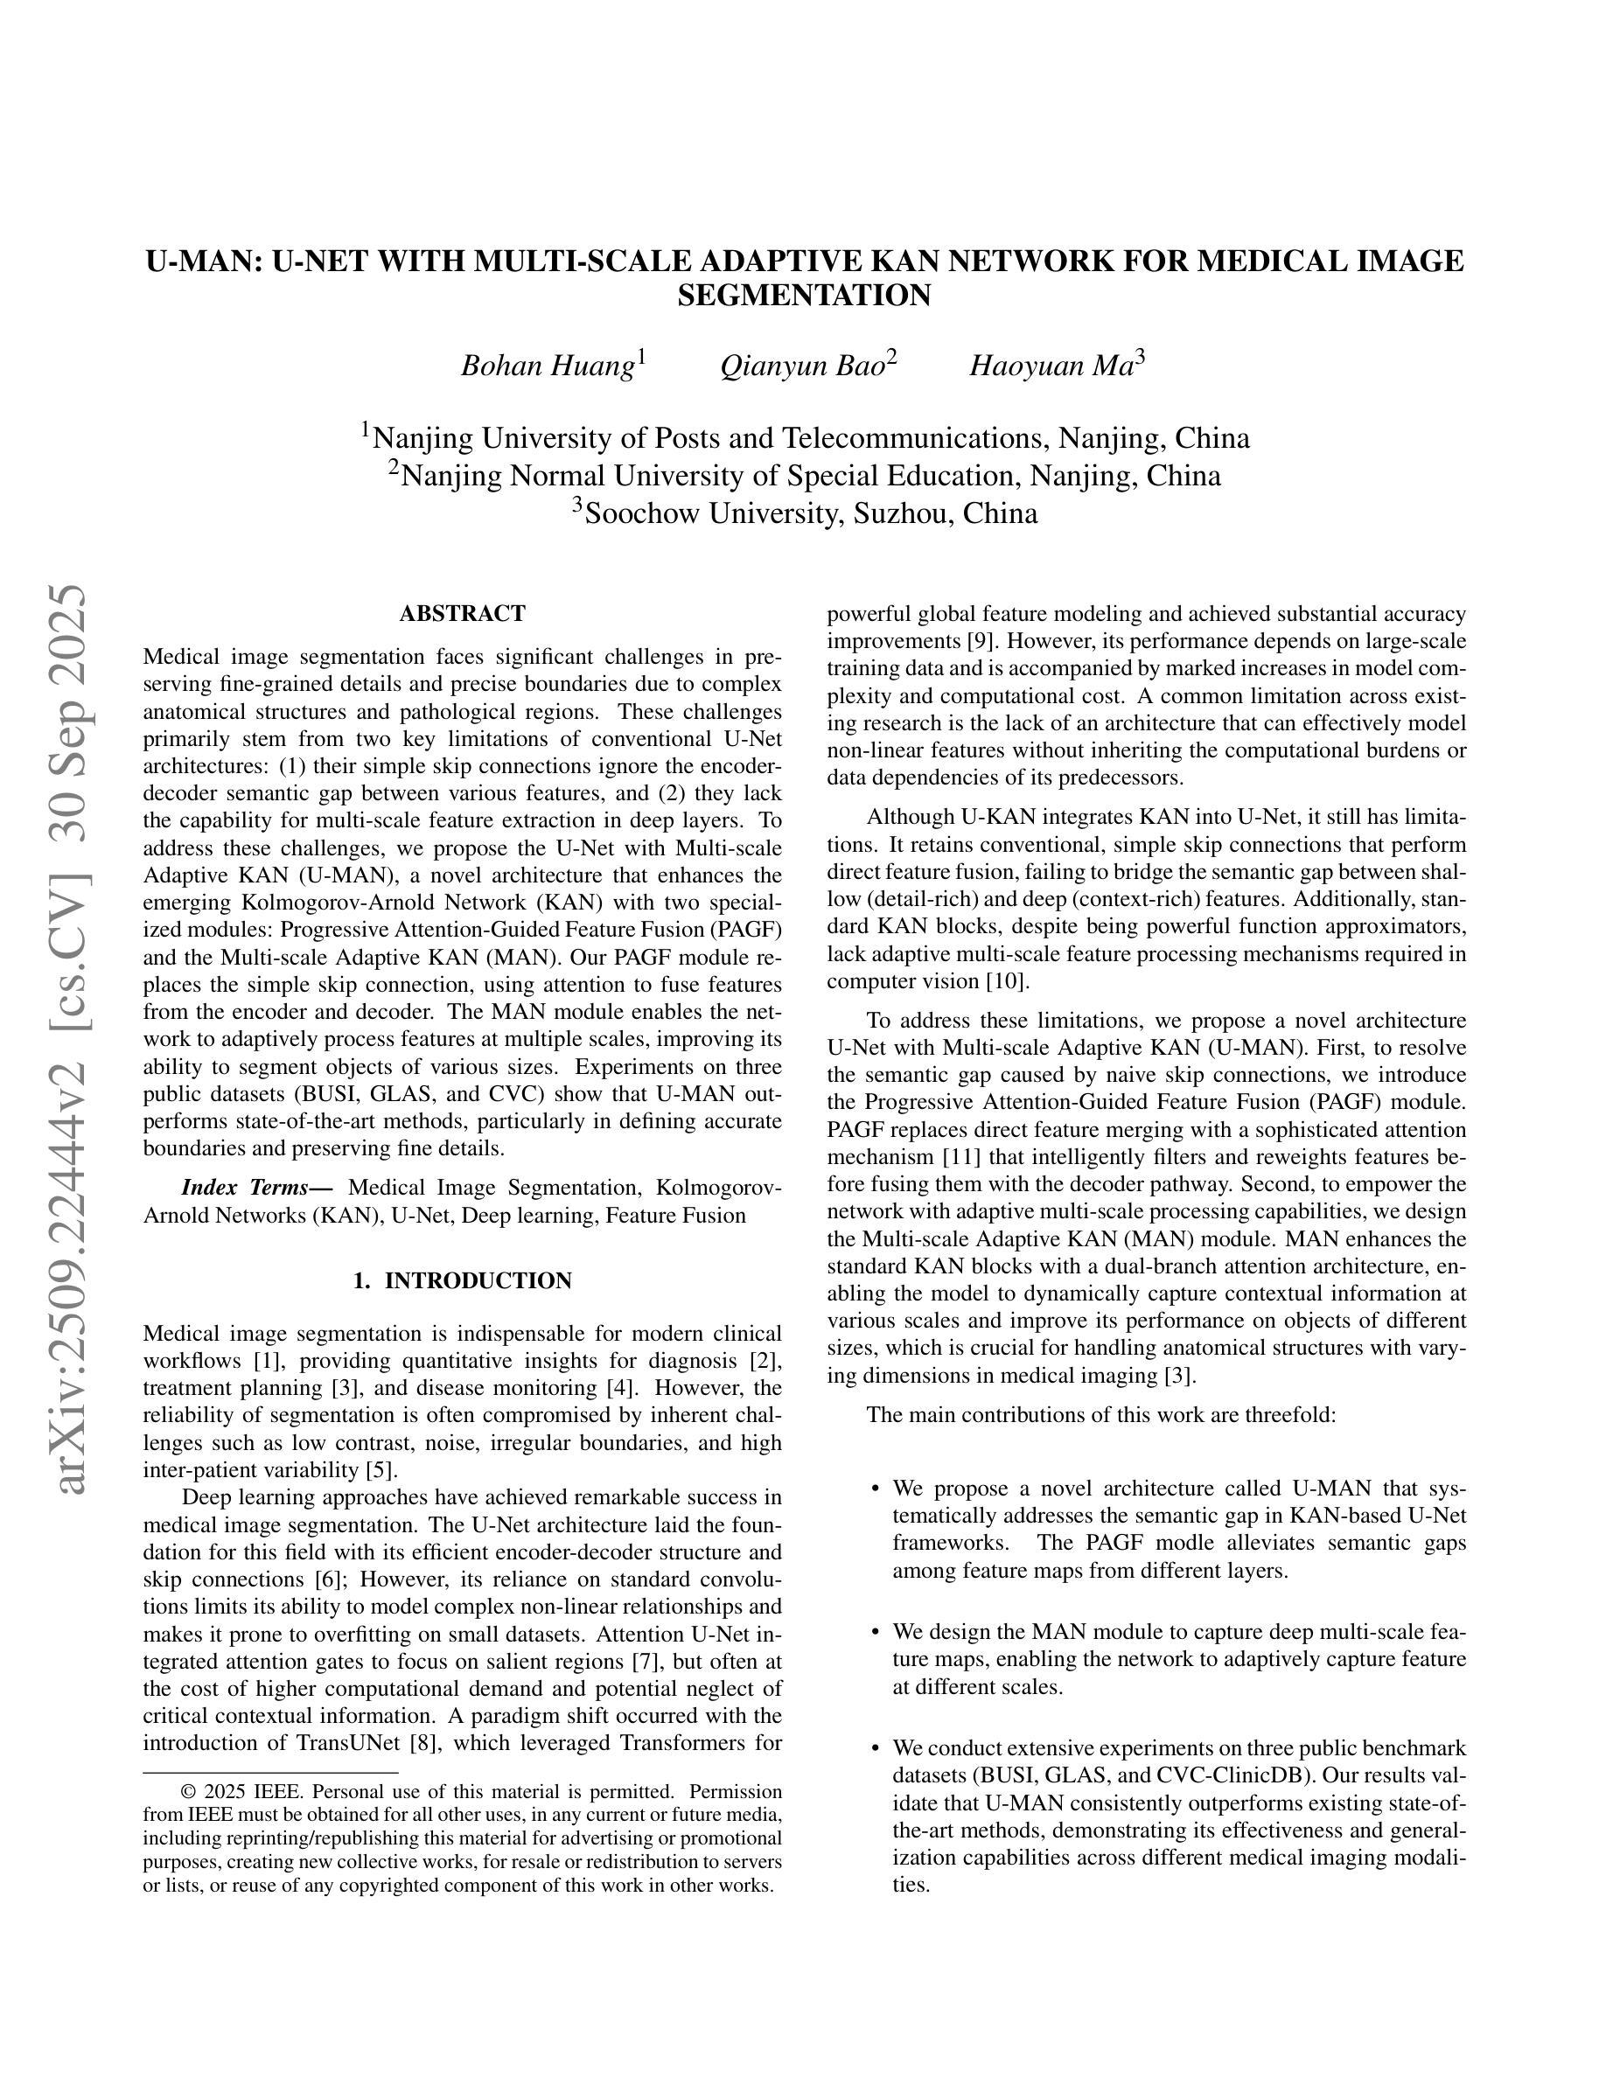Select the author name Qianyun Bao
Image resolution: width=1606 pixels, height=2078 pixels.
[x=802, y=366]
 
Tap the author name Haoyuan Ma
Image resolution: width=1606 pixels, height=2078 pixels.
[x=1051, y=366]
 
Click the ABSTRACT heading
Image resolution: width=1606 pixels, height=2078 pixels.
[x=463, y=614]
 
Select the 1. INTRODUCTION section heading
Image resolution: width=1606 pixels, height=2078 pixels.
[x=463, y=1280]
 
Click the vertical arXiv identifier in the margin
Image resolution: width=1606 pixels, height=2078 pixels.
[x=73, y=1037]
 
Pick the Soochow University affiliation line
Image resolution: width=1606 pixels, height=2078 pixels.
[x=804, y=513]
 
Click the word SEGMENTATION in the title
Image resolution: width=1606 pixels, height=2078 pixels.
[x=804, y=296]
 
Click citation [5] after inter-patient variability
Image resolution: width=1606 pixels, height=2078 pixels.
[x=379, y=1470]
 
